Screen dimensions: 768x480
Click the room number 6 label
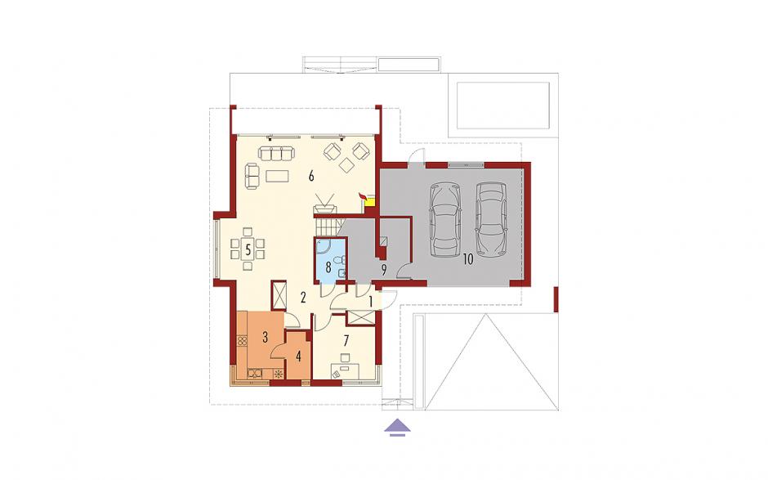[x=311, y=176]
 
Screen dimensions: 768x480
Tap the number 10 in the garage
[x=468, y=259]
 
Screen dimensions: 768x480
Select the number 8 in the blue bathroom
[x=328, y=267]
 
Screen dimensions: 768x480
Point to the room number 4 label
[x=298, y=357]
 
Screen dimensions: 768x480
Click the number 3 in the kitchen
[x=265, y=338]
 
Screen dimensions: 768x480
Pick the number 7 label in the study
[x=346, y=340]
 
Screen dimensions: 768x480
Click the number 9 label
[x=384, y=270]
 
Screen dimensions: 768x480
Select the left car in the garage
[x=445, y=220]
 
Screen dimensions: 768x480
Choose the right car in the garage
[x=491, y=219]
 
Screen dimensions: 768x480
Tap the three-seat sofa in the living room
[x=277, y=153]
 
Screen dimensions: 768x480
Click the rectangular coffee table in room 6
[x=277, y=176]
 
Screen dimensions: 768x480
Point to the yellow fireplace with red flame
[x=368, y=199]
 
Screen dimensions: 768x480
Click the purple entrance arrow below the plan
[x=397, y=427]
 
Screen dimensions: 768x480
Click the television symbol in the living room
[x=324, y=205]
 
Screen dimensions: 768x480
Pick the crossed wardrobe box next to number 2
[x=279, y=295]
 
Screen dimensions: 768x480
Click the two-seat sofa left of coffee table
[x=252, y=176]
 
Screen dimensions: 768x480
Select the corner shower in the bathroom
[x=324, y=248]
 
